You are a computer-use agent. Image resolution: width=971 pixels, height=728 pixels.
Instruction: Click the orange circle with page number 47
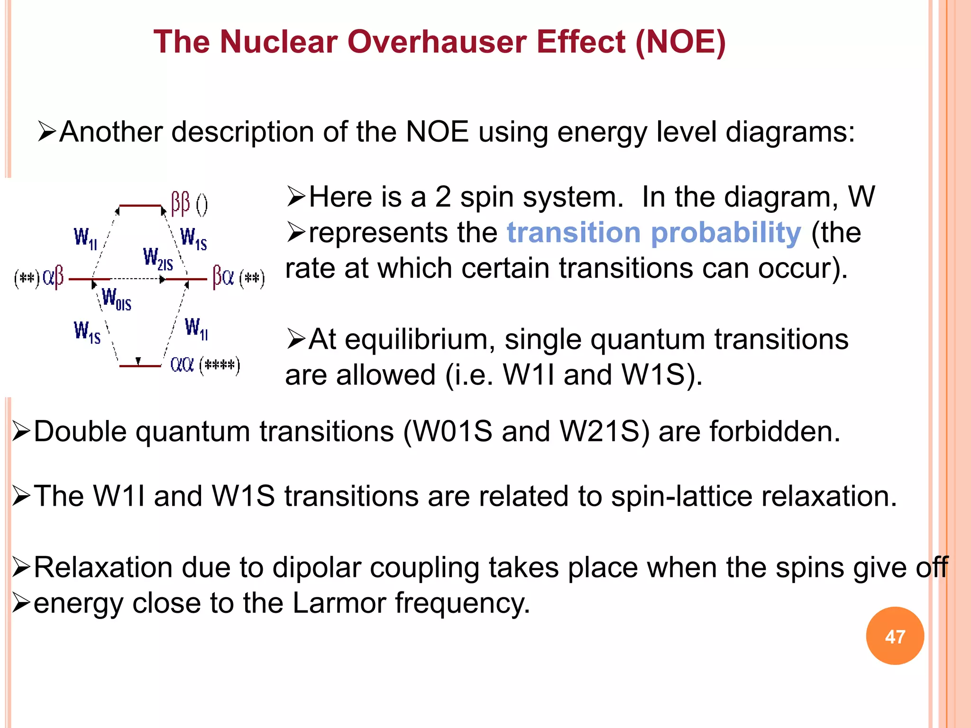pyautogui.click(x=895, y=636)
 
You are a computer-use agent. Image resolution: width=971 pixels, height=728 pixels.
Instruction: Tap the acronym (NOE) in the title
pyautogui.click(x=680, y=42)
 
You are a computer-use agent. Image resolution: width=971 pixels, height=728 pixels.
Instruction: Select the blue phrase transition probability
pyautogui.click(x=654, y=233)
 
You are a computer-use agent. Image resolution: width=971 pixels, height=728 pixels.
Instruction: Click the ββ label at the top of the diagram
pyautogui.click(x=181, y=204)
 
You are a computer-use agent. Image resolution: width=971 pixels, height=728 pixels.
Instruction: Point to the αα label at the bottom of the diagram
pyautogui.click(x=182, y=364)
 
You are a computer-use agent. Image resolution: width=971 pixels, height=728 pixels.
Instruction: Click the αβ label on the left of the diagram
pyautogui.click(x=53, y=277)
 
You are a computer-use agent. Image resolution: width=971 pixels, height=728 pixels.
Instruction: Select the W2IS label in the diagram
pyautogui.click(x=158, y=259)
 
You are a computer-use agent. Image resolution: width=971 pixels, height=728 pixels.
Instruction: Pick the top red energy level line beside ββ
pyautogui.click(x=140, y=206)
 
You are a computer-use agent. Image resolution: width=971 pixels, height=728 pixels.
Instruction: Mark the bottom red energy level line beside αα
pyautogui.click(x=140, y=366)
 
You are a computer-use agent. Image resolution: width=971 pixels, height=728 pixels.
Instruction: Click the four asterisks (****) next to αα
pyautogui.click(x=220, y=365)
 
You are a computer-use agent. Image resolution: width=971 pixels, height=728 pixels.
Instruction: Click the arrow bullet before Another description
pyautogui.click(x=47, y=132)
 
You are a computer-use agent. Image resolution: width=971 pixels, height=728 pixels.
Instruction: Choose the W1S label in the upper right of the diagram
pyautogui.click(x=193, y=238)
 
